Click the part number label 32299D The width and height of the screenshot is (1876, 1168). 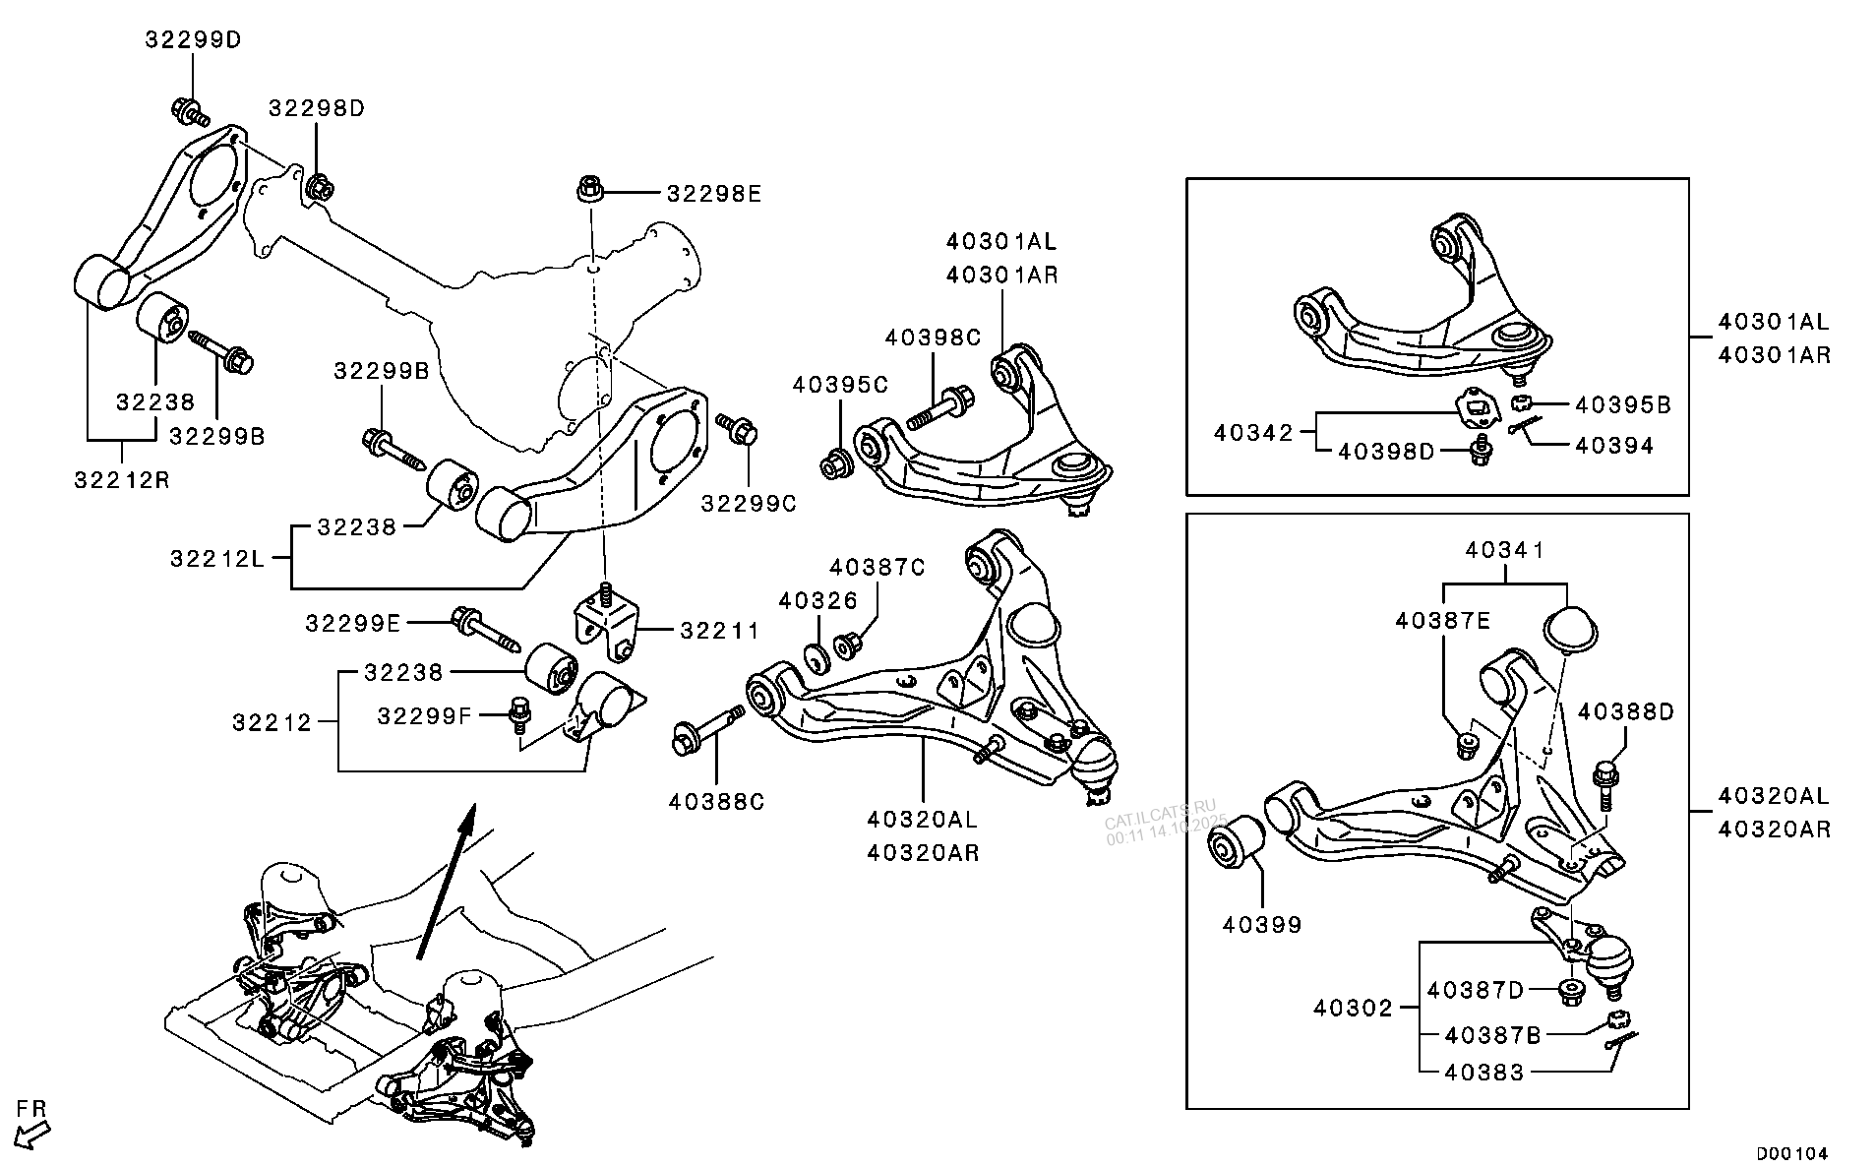(x=193, y=40)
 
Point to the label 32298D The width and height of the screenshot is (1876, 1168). (x=317, y=108)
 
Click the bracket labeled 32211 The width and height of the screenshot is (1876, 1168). (x=605, y=623)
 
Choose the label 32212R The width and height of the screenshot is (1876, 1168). (x=122, y=480)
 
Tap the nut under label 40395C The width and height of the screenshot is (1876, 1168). (x=838, y=462)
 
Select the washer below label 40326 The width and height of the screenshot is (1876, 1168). (x=816, y=655)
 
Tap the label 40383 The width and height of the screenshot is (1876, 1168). (x=1483, y=1073)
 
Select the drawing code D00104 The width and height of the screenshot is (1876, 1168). (x=1792, y=1152)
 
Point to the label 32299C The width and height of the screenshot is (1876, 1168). (x=749, y=504)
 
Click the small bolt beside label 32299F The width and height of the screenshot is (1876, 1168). (x=516, y=715)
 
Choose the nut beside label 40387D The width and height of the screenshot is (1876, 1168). (x=1571, y=990)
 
